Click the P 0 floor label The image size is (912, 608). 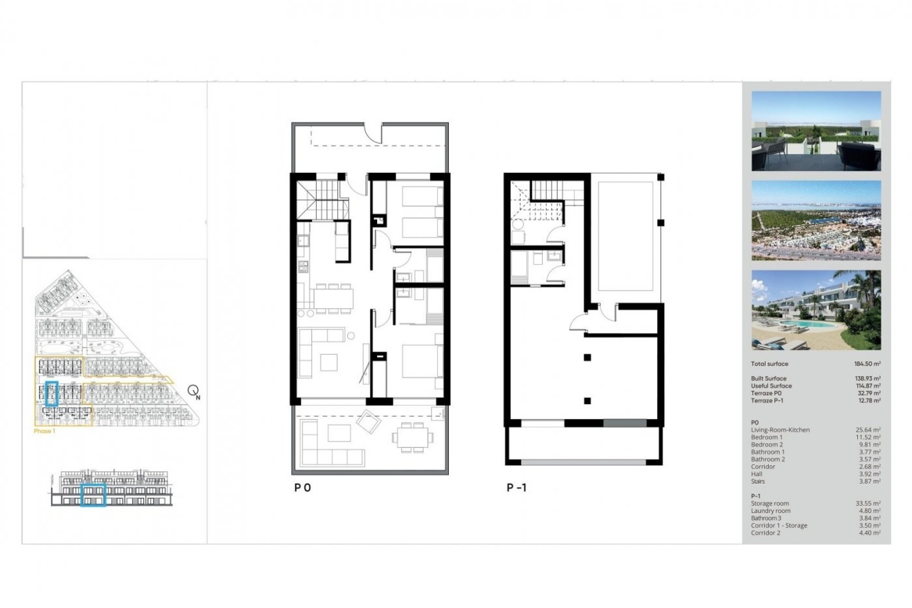[303, 488]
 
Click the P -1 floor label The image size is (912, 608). [516, 488]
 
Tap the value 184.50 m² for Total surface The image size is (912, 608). [867, 364]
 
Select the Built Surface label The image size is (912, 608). [769, 379]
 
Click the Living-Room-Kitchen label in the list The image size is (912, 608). [780, 430]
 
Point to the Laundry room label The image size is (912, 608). [770, 511]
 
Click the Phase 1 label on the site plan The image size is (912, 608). [45, 431]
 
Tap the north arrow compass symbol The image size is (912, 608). [193, 391]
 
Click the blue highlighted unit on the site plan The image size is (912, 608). [51, 393]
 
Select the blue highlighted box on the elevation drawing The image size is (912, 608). [93, 495]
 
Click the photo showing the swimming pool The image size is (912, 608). [816, 310]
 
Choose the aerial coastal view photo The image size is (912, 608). [816, 220]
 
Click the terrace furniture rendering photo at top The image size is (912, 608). [816, 131]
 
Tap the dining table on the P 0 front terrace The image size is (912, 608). [412, 437]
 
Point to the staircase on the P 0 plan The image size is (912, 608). [323, 199]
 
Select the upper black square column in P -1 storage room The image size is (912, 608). [588, 358]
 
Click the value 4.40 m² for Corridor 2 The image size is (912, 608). [869, 533]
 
